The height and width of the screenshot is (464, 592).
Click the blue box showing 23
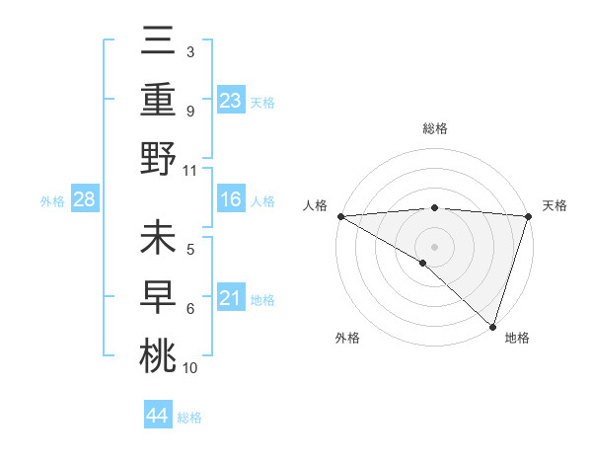pos(231,101)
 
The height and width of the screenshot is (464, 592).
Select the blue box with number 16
pos(231,200)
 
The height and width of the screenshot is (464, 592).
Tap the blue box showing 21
pos(231,298)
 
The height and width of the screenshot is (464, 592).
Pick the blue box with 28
pos(85,200)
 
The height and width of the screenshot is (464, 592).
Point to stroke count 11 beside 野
pos(190,170)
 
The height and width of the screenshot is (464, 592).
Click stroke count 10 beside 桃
pos(190,368)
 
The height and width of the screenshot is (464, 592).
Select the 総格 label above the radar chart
pos(434,129)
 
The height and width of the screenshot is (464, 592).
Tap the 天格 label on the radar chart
pos(555,205)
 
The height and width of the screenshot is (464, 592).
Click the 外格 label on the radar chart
pos(347,338)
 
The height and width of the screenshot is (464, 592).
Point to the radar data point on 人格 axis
pos(340,216)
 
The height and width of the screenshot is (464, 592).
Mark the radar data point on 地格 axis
pos(492,326)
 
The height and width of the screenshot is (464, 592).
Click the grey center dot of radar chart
pos(434,245)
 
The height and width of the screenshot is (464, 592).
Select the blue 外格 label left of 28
pos(52,201)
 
